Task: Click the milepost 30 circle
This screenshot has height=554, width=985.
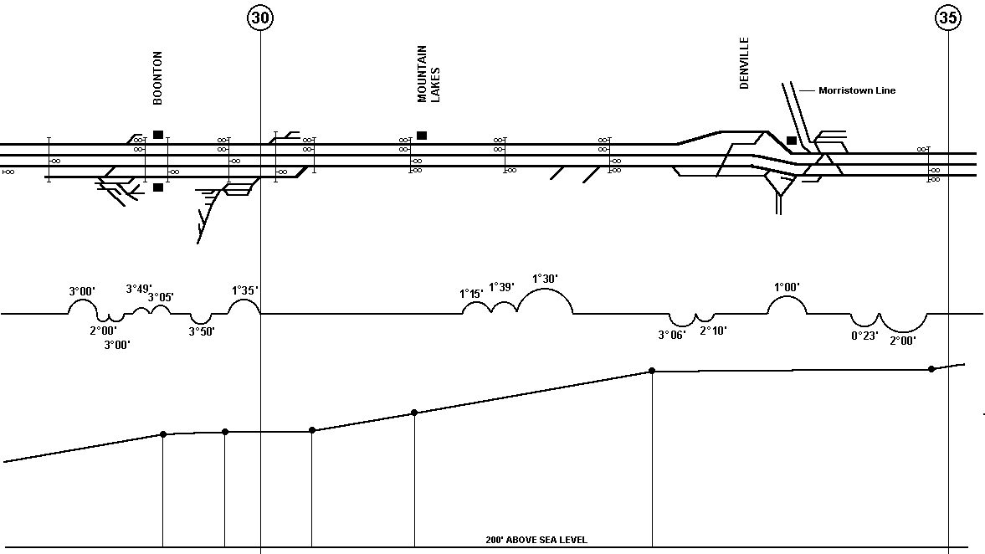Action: point(261,18)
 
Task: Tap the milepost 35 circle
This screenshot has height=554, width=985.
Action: point(948,18)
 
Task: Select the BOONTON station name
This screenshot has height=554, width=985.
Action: point(157,78)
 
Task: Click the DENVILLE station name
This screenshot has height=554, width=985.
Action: point(745,63)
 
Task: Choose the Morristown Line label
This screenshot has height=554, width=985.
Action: point(857,90)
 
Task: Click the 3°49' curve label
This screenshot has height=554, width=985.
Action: point(139,289)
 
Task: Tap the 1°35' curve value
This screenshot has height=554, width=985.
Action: point(245,290)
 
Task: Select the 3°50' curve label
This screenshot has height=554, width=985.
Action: point(202,331)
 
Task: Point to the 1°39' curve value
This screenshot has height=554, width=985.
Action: point(501,287)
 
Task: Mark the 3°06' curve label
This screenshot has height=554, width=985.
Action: point(671,336)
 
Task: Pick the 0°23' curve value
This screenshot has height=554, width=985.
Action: point(864,336)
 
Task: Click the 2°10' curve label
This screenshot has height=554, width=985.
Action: point(713,331)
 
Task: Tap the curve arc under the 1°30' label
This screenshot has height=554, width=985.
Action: point(546,289)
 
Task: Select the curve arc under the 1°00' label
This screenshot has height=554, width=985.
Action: point(787,296)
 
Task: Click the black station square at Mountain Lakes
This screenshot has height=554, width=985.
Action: point(422,136)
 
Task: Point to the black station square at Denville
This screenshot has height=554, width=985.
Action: point(792,141)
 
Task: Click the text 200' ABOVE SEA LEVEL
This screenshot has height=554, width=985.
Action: point(536,540)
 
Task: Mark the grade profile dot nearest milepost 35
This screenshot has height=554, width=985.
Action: point(931,369)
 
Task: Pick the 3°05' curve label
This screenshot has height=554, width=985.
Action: point(161,297)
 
